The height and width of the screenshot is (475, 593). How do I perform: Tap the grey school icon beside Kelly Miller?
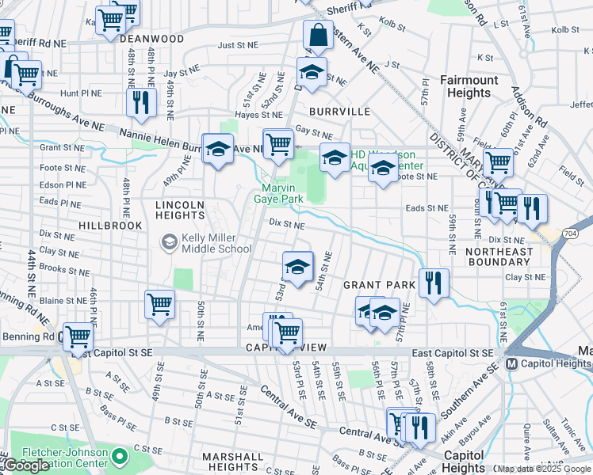[169, 241]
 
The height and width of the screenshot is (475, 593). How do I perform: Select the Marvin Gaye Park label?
[284, 193]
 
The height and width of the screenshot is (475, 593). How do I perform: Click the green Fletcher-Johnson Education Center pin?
[119, 456]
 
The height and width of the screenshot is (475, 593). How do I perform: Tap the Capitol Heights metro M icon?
[511, 364]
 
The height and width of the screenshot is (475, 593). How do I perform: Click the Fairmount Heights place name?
[469, 86]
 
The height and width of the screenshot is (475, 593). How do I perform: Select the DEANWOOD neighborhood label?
[153, 39]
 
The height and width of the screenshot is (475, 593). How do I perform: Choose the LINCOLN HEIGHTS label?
[180, 210]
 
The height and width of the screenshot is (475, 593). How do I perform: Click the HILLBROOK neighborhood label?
[110, 226]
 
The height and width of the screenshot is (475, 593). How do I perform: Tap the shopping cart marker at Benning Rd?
[78, 336]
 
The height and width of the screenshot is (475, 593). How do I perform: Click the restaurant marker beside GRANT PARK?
[434, 283]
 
